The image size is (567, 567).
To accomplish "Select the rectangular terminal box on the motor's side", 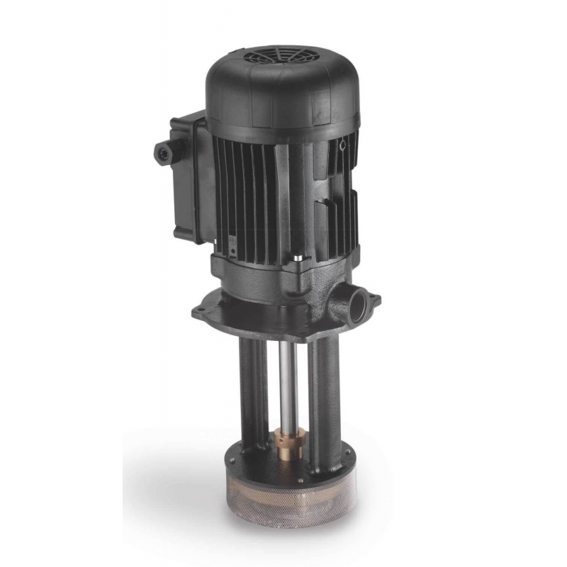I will coord(186,181).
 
